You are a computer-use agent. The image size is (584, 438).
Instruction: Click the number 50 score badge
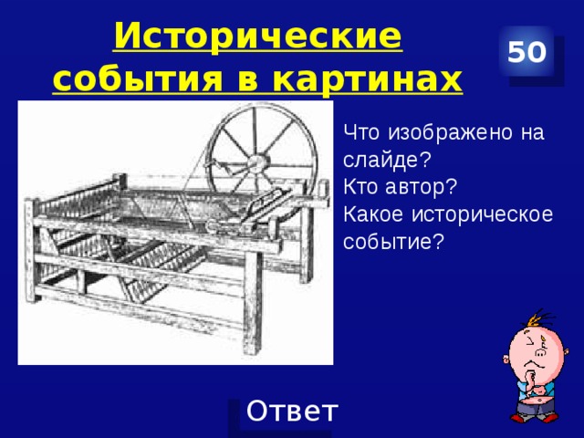coord(527,53)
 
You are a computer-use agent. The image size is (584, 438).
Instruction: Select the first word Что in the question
coord(362,133)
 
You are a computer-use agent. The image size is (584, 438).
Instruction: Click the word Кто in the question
coord(362,187)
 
